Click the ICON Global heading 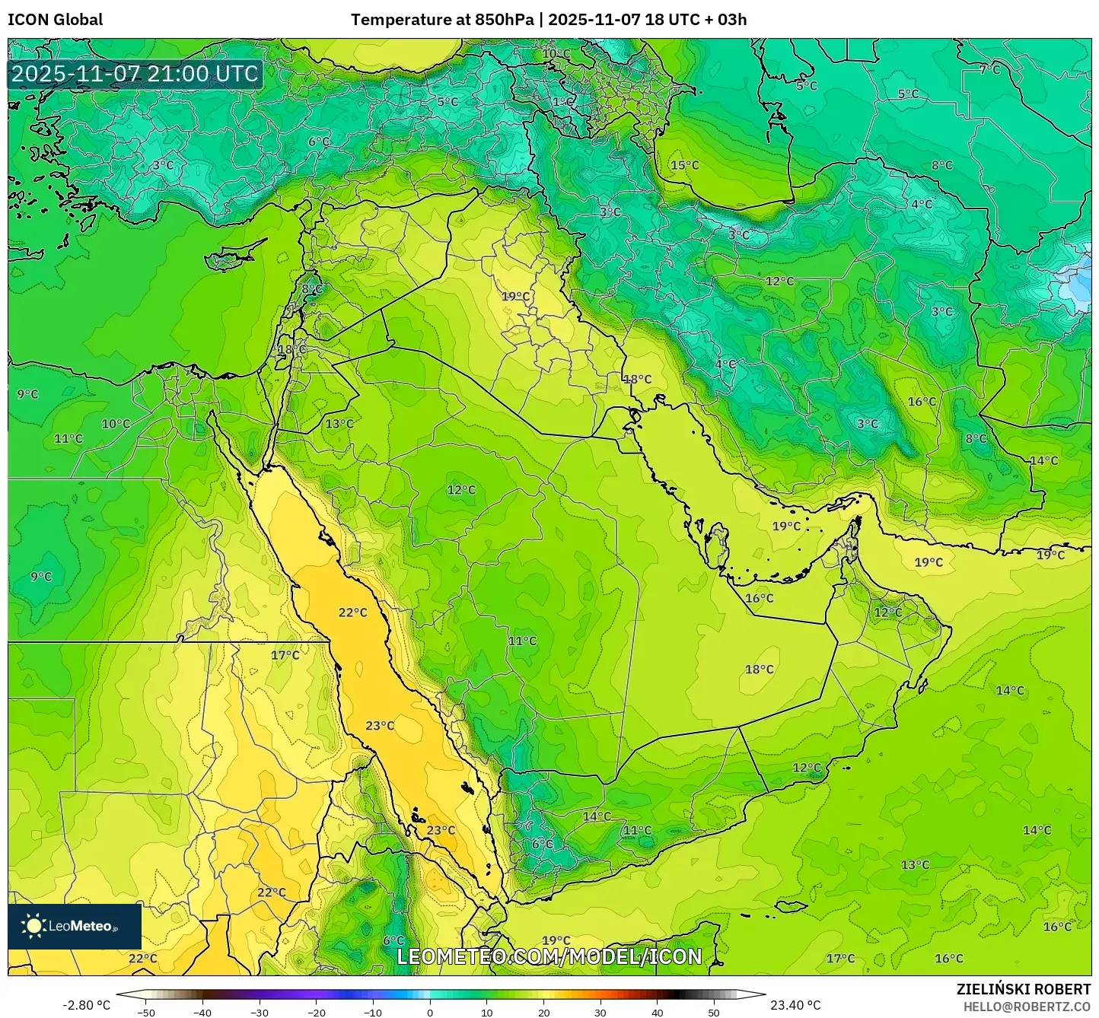coord(55,20)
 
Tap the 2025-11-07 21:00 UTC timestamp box coord(135,74)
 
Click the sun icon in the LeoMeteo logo coord(33,926)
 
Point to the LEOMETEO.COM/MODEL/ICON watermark coord(549,956)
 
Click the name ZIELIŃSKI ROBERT coord(1023,989)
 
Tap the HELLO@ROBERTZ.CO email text coord(1027,1006)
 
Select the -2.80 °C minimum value coord(86,1005)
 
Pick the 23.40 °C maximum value coord(795,1005)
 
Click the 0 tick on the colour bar coord(430,1013)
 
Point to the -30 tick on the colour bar coord(260,1013)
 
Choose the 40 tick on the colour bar coord(657,1013)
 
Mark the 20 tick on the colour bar coord(543,1013)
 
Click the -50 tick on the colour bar coord(146,1013)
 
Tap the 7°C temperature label coord(989,69)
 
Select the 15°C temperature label coord(684,165)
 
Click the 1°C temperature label coord(562,102)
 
